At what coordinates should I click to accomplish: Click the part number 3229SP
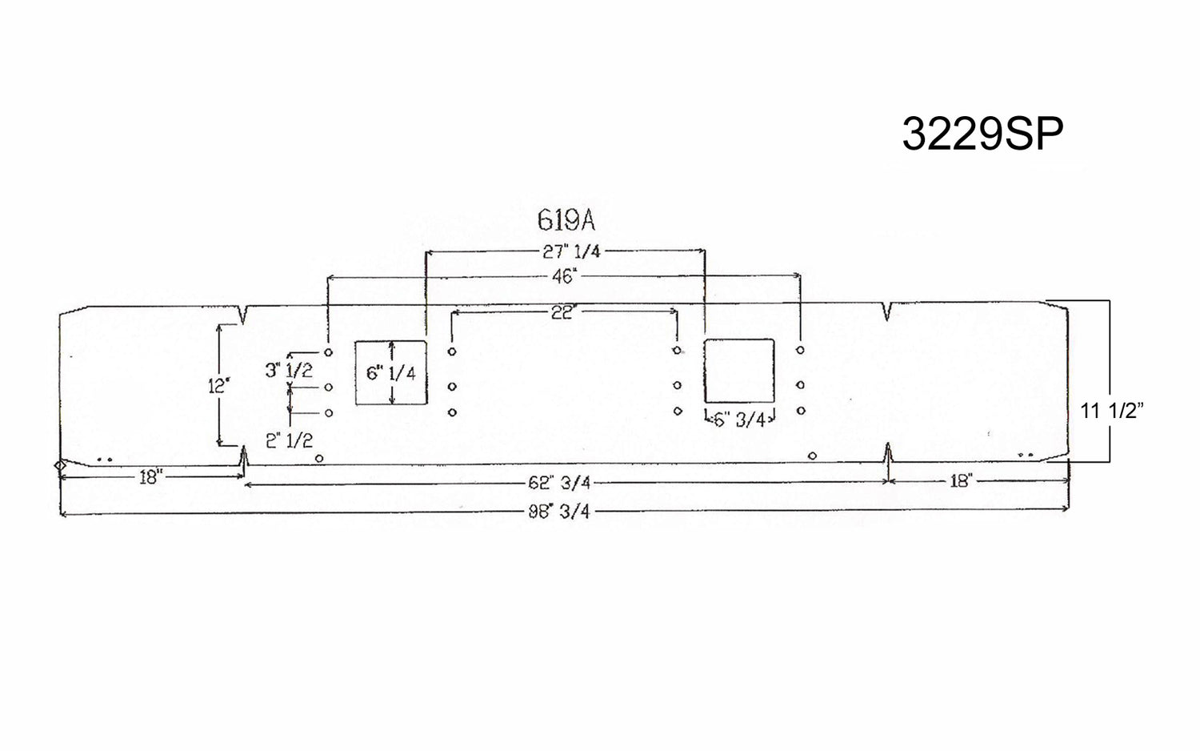(x=982, y=135)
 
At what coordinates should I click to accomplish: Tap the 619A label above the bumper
(x=566, y=220)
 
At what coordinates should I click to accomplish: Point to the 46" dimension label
(x=562, y=278)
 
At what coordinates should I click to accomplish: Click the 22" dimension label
(x=563, y=312)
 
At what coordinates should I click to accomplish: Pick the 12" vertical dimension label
(x=218, y=385)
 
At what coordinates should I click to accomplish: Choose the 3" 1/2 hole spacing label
(x=289, y=370)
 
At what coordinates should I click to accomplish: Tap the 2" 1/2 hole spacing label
(x=289, y=440)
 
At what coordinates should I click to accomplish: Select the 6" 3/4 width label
(x=740, y=420)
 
